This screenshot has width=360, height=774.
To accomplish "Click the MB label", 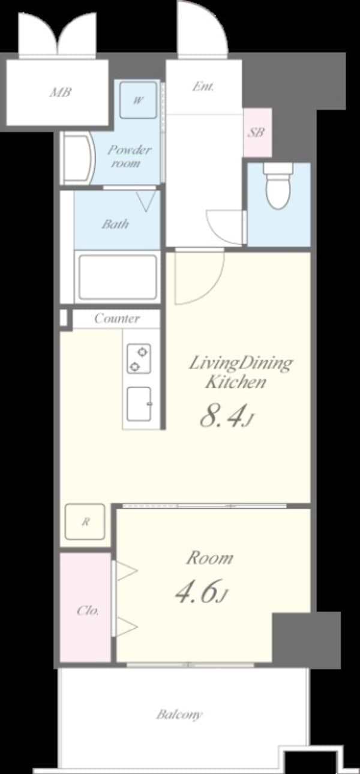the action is tap(61, 92).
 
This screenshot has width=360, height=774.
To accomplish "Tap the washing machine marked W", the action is tap(138, 100).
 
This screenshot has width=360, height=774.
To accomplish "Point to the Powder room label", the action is tap(128, 156).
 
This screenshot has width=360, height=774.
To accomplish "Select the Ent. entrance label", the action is tap(203, 86).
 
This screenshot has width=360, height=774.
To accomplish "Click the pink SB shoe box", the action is tap(257, 133).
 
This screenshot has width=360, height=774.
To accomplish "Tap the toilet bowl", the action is tap(278, 186).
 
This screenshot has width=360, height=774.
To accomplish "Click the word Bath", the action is tap(115, 224).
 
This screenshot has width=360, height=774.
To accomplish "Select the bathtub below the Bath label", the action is tap(118, 277).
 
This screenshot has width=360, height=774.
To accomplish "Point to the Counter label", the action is tap(117, 318).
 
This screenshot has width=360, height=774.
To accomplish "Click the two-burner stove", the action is tap(139, 358).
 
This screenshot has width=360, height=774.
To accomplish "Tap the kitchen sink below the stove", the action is tap(139, 404).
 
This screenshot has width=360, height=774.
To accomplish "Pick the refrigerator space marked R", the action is tap(85, 521).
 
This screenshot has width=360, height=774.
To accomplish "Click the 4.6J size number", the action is tap(202, 591).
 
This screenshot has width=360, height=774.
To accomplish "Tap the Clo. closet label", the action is tap(88, 611).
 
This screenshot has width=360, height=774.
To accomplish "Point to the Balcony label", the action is tap(179, 714).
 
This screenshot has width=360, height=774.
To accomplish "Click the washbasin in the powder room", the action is tap(77, 158).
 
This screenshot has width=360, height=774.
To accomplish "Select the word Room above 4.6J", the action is tap(210, 558).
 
